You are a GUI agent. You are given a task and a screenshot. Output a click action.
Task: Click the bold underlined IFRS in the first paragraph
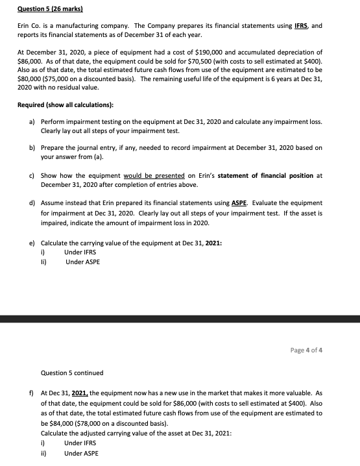(x=300, y=24)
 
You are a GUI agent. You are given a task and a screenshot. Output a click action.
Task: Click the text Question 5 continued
(x=71, y=373)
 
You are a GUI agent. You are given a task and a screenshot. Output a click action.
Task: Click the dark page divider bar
(x=180, y=319)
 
